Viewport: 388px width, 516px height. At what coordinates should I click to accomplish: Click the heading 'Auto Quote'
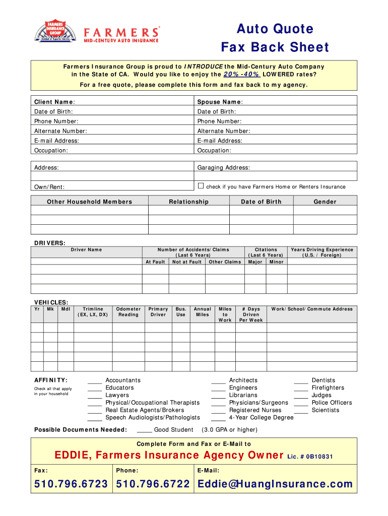[x=275, y=29]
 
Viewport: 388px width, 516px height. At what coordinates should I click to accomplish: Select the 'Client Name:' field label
[x=54, y=102]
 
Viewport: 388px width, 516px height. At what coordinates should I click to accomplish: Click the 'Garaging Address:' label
[x=223, y=168]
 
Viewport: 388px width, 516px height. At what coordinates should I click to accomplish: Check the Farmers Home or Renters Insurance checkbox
[x=201, y=186]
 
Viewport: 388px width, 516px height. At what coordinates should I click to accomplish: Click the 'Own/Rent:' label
[x=49, y=187]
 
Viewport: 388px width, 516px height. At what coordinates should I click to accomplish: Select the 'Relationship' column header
[x=188, y=202]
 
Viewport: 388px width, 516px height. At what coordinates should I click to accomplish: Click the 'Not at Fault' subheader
[x=186, y=262]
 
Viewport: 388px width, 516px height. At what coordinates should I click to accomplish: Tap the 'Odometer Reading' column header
[x=128, y=312]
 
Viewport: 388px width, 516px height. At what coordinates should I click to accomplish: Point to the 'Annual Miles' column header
[x=203, y=312]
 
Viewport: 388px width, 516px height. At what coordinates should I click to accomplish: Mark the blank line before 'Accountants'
[x=95, y=381]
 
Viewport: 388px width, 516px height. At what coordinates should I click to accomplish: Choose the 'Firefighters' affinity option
[x=328, y=388]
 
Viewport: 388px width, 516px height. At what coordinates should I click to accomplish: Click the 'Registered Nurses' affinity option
[x=255, y=410]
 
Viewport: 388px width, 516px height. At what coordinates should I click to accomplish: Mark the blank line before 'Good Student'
[x=144, y=431]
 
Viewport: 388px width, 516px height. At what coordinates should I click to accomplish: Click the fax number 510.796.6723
[x=71, y=484]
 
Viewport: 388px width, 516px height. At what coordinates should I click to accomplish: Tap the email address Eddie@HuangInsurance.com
[x=275, y=484]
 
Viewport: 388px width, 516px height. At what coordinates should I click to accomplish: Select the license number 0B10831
[x=318, y=457]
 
